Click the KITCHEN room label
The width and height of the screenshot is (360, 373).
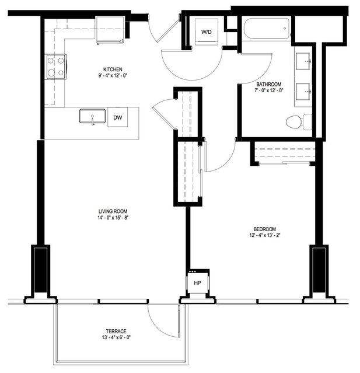pos(113,69)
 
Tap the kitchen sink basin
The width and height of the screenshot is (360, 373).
pos(92,116)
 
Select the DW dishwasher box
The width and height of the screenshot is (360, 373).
pos(118,117)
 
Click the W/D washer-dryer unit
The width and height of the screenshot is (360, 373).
pos(207,32)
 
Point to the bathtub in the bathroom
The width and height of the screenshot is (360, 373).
pos(267,28)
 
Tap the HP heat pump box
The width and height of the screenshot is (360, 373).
pos(198,283)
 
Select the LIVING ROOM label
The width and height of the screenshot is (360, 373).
pos(113,211)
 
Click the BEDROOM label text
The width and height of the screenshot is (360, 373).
pos(265,229)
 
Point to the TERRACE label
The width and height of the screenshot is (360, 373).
pos(116,331)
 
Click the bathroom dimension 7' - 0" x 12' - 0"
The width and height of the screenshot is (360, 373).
pos(269,90)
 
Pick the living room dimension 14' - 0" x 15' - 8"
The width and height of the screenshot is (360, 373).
pos(113,217)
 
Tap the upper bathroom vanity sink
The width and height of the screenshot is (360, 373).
pos(303,61)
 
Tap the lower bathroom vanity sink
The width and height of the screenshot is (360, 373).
pos(303,91)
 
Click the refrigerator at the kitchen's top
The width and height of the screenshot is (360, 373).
pos(110,30)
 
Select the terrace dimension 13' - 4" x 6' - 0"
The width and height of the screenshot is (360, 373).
pos(116,337)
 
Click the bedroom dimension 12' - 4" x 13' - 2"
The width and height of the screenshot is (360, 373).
pos(265,235)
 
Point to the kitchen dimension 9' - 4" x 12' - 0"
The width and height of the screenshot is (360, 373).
pos(113,76)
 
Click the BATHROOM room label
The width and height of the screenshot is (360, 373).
pos(269,84)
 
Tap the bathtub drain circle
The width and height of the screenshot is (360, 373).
pos(285,29)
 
